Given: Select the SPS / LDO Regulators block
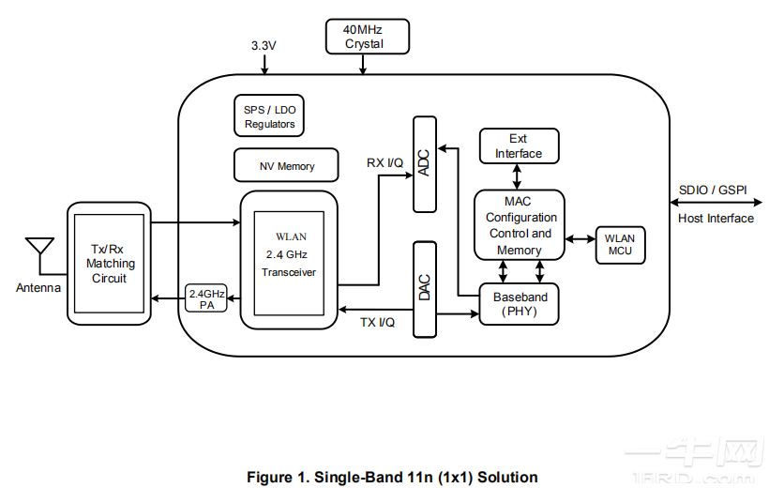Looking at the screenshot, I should (269, 116).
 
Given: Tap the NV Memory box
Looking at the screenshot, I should (286, 166).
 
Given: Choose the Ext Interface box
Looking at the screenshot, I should (518, 146).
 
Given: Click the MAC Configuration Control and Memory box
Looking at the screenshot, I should (519, 225).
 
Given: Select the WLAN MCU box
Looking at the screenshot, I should (619, 244).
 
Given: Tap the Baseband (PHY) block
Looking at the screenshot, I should (520, 303).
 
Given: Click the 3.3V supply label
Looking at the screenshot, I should (265, 45).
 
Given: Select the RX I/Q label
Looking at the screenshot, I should (384, 162).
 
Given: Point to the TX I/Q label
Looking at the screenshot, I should (377, 323).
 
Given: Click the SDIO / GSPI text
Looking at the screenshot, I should (713, 190).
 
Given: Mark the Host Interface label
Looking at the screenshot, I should (715, 218).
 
